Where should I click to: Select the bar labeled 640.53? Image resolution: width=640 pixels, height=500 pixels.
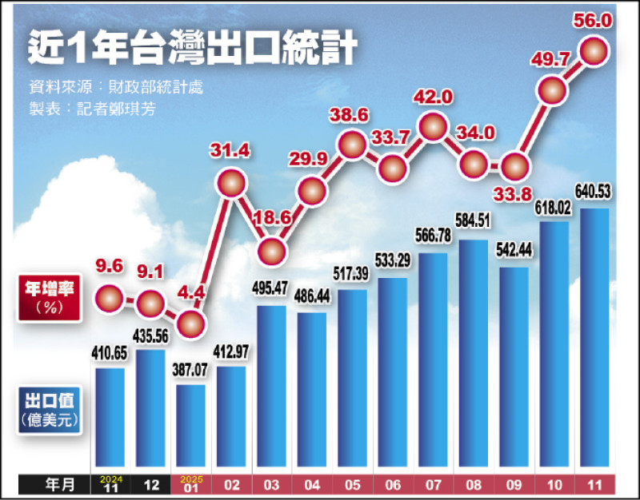click(x=593, y=335)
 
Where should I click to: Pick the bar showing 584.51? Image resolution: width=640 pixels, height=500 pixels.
click(x=472, y=351)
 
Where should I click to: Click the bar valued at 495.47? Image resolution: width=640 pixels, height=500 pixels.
click(x=271, y=383)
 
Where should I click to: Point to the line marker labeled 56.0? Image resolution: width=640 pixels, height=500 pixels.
click(x=594, y=50)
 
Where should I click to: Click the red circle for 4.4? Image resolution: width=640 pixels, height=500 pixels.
click(x=189, y=323)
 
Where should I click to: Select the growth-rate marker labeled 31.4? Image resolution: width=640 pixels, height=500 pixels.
click(x=231, y=185)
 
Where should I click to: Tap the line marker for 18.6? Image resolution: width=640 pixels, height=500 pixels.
click(x=272, y=248)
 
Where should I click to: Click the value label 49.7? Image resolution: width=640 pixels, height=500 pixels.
click(x=553, y=57)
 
